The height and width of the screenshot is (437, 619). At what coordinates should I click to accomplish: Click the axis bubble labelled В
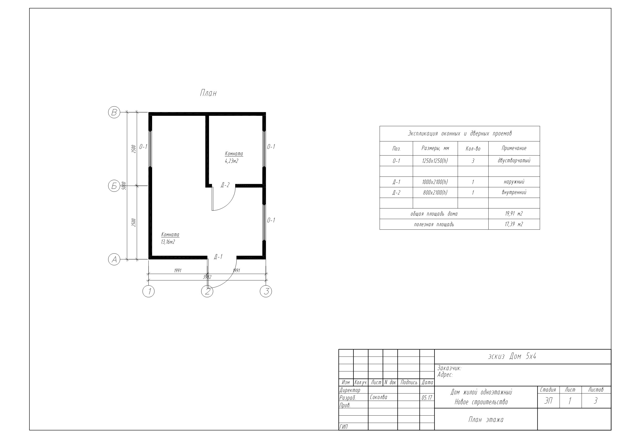[x=114, y=112]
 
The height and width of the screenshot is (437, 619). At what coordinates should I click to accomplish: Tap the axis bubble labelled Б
[x=114, y=186]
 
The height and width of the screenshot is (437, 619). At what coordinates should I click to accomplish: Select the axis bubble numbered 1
[x=149, y=291]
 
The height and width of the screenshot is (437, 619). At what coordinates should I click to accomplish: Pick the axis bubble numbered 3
[x=266, y=291]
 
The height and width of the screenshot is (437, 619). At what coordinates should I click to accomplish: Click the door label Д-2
[x=225, y=185]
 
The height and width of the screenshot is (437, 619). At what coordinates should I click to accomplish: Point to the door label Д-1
[x=218, y=257]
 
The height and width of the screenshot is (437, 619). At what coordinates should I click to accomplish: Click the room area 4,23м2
[x=232, y=161]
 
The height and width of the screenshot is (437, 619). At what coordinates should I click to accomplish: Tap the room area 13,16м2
[x=168, y=242]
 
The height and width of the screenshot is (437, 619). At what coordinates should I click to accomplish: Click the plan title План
[x=208, y=93]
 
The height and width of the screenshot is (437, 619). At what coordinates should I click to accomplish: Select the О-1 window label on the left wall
[x=143, y=147]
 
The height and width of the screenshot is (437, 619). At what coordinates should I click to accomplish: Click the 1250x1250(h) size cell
[x=435, y=161]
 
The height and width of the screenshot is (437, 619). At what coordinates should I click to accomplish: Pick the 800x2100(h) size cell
[x=435, y=192]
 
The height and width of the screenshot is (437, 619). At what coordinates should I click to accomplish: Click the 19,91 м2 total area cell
[x=514, y=214]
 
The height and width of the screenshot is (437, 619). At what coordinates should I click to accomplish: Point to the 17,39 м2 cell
[x=514, y=224]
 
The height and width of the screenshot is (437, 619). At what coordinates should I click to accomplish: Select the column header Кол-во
[x=473, y=149]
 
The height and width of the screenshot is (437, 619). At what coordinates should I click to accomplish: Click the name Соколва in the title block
[x=379, y=397]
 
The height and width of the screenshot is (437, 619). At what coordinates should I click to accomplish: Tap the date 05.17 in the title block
[x=427, y=398]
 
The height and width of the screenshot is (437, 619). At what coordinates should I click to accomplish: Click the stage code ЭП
[x=548, y=401]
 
